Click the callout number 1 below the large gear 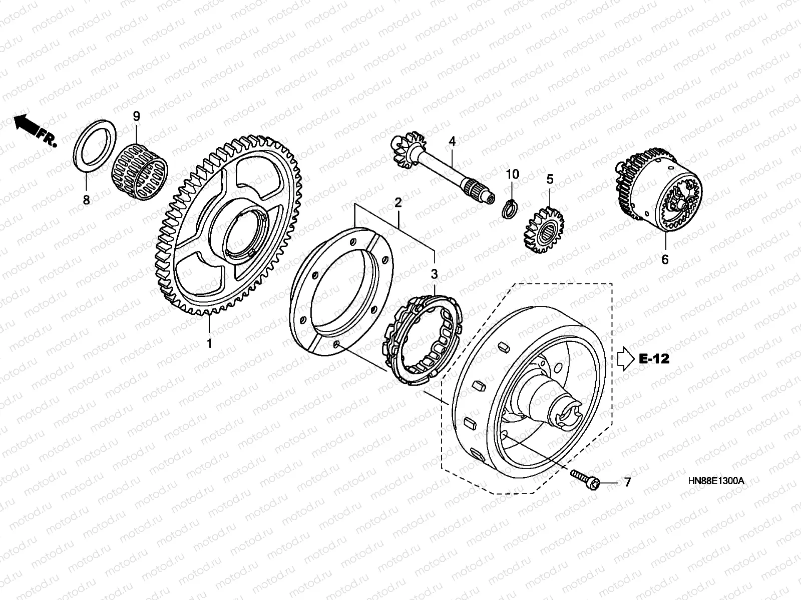(209, 344)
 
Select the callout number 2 (398, 202)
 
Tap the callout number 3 (434, 274)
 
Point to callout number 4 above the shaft (452, 141)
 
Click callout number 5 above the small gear (550, 178)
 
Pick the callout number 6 (665, 260)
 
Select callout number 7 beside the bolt (627, 482)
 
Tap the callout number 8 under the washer (86, 200)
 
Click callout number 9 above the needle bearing (136, 116)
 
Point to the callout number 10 (512, 174)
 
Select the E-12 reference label (654, 358)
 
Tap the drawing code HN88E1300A (716, 481)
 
